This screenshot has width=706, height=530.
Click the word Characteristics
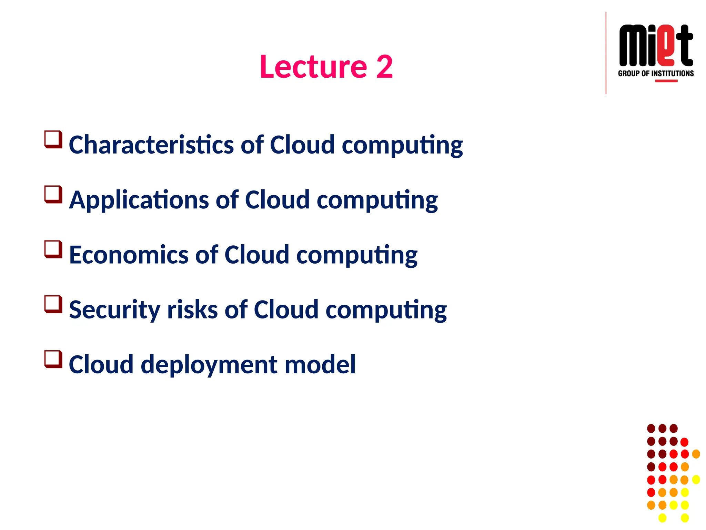click(151, 145)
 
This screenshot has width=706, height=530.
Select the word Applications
click(139, 200)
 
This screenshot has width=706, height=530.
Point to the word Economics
click(129, 255)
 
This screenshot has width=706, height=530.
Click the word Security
click(114, 310)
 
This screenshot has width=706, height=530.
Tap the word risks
click(192, 310)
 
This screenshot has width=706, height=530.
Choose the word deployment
click(209, 365)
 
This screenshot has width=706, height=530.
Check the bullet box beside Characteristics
click(53, 139)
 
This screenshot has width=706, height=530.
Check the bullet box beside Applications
click(53, 194)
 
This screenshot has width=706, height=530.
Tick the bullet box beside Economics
click(53, 249)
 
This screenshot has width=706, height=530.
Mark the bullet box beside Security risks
click(53, 304)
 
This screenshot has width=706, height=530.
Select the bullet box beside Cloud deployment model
click(53, 359)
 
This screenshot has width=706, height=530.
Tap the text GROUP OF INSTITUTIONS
click(656, 73)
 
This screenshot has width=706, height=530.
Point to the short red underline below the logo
click(666, 81)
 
